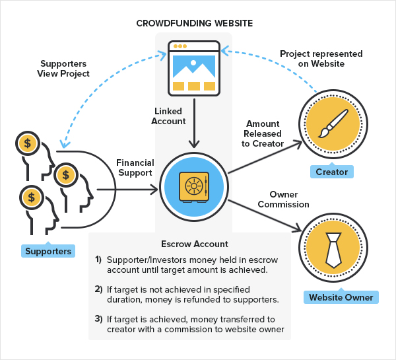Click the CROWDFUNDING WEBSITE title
(x=195, y=23)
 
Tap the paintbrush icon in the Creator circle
(x=333, y=124)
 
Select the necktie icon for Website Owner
(x=333, y=250)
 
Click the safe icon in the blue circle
(x=194, y=187)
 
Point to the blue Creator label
(x=331, y=172)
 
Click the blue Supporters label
(x=48, y=251)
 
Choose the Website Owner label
(x=341, y=297)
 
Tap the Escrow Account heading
(x=195, y=244)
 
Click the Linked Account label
(x=168, y=116)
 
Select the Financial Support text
(x=135, y=168)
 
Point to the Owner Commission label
(x=283, y=199)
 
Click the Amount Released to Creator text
(x=263, y=133)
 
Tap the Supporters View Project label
(x=63, y=69)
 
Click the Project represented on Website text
(x=321, y=59)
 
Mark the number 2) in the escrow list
(x=98, y=289)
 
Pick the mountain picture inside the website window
(x=194, y=67)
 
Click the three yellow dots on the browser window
(x=180, y=46)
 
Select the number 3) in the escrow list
(x=98, y=319)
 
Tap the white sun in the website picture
(x=193, y=63)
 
